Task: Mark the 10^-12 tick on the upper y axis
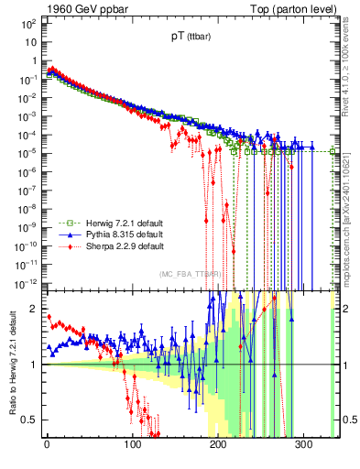pyautogui.click(x=25, y=280)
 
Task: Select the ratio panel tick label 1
pyautogui.click(x=34, y=365)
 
